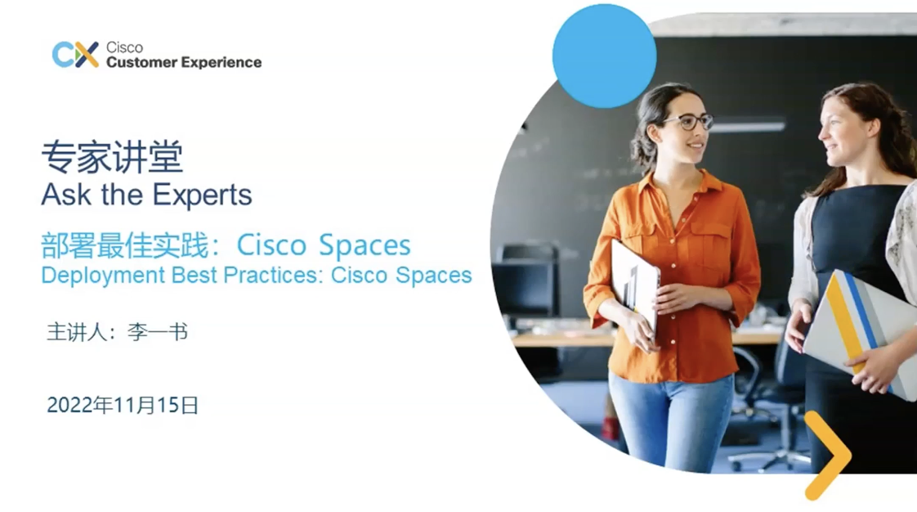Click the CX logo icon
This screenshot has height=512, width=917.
pos(74,55)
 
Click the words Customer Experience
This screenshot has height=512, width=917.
pos(184,62)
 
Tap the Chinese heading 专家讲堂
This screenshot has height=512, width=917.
pos(113,156)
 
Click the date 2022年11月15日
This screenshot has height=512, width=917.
pos(123,405)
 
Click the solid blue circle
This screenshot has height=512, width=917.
pos(604,56)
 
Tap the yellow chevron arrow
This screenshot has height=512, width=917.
pos(826,456)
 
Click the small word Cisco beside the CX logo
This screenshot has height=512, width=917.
pos(124,47)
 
